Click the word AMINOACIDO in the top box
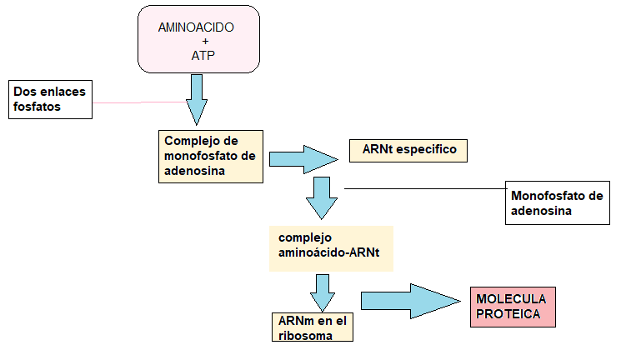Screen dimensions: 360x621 click(196, 27)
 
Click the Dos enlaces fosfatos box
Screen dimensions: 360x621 click(50, 99)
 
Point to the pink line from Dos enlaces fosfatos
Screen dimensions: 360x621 click(138, 102)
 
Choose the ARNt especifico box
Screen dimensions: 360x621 click(408, 151)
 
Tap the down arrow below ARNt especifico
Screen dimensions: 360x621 click(322, 197)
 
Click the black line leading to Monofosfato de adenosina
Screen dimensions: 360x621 click(425, 189)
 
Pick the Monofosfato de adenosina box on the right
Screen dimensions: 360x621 click(556, 203)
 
